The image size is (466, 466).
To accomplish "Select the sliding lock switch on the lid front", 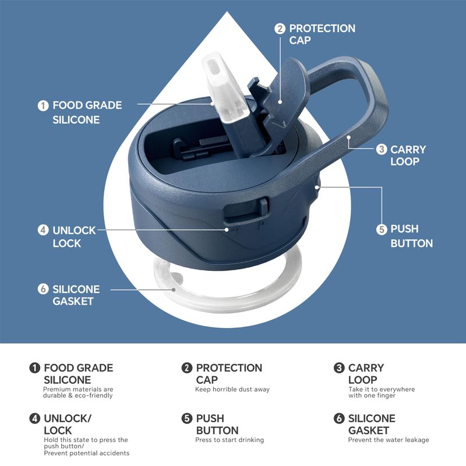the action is point(263,207).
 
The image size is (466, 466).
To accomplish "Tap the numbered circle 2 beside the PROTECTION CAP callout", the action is point(280,29).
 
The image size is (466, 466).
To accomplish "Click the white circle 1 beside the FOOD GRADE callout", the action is point(43,105).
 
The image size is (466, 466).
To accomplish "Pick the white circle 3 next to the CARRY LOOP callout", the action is point(382,149).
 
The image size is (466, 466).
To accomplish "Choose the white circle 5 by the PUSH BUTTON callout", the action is point(382,230).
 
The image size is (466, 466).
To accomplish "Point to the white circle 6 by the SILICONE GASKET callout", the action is point(43,289).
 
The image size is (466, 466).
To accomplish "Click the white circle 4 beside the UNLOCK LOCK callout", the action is point(43,230).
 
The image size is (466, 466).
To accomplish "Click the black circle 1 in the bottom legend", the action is point(34,368).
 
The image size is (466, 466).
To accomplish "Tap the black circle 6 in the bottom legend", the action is point(339,418).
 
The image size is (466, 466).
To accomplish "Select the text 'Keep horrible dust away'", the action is point(232,389).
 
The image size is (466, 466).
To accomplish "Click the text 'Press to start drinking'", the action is point(230,440).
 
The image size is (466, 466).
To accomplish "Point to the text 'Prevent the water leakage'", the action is point(389,440).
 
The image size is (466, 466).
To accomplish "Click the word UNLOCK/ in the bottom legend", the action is point(68,418).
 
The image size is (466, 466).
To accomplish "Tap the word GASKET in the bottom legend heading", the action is point(369,430).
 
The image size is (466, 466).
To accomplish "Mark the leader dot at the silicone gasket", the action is point(174,290).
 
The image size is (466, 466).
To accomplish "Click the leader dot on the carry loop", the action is point(348,137).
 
